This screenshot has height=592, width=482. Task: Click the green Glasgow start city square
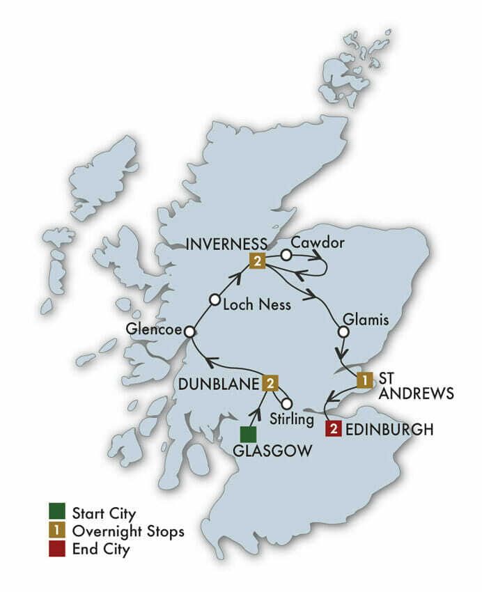point(247,434)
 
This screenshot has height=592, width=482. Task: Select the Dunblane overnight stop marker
point(270,382)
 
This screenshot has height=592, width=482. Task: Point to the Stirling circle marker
point(286,403)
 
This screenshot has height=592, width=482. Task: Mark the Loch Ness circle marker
point(216,300)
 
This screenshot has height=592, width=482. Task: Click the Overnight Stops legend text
point(127,531)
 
